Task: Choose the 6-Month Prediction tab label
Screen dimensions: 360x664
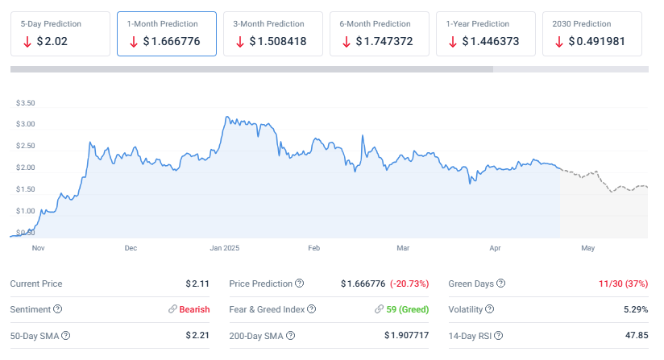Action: tap(375, 23)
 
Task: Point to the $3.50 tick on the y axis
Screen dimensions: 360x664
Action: tap(25, 103)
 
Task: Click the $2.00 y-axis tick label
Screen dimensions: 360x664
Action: tap(25, 168)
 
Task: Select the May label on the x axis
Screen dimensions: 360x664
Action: tap(587, 248)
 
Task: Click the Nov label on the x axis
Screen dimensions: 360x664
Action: tap(38, 248)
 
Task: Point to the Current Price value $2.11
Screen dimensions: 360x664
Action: tap(197, 283)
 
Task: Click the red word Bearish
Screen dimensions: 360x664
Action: tap(194, 309)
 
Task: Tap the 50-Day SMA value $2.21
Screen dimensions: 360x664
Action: tap(197, 335)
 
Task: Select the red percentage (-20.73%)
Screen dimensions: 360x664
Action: tap(409, 283)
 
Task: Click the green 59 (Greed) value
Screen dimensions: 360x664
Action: tap(408, 309)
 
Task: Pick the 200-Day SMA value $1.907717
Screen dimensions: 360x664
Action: tap(406, 335)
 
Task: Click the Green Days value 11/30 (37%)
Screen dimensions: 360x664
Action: tap(623, 283)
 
